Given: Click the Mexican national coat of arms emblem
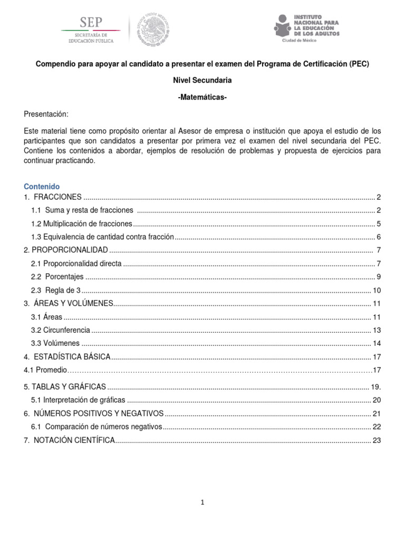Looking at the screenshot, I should coord(153,28).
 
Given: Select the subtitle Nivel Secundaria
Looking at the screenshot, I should coord(202,80).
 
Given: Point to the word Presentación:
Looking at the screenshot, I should coord(46,114).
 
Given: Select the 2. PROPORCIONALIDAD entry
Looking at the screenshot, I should coord(66,249).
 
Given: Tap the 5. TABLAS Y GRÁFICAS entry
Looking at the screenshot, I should coord(65,387).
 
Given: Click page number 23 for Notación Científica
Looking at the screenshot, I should coord(376,440).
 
